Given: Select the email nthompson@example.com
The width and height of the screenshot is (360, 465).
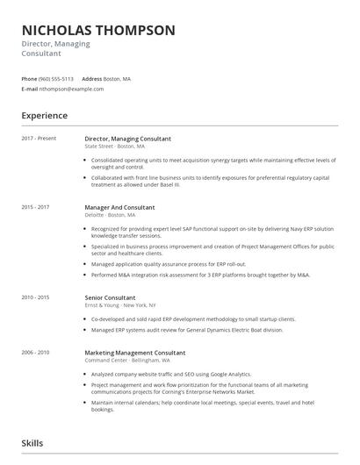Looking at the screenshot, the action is [x=66, y=89].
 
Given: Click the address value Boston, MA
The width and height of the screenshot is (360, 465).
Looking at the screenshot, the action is [x=117, y=78].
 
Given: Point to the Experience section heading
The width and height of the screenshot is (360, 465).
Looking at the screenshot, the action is [x=44, y=115].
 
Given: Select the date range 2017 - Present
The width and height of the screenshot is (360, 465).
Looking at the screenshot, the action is [x=38, y=139].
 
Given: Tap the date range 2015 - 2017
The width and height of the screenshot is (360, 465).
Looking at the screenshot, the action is [x=35, y=207].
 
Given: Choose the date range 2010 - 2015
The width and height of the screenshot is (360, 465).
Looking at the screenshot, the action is [x=35, y=297].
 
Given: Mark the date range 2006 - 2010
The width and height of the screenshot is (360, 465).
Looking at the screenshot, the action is [x=35, y=352].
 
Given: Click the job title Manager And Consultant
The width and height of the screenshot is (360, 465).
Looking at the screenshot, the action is [x=119, y=207].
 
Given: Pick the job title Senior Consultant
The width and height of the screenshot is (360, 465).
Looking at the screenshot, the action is [x=112, y=297].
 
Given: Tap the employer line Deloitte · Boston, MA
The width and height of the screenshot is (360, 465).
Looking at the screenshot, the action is [x=110, y=214].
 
